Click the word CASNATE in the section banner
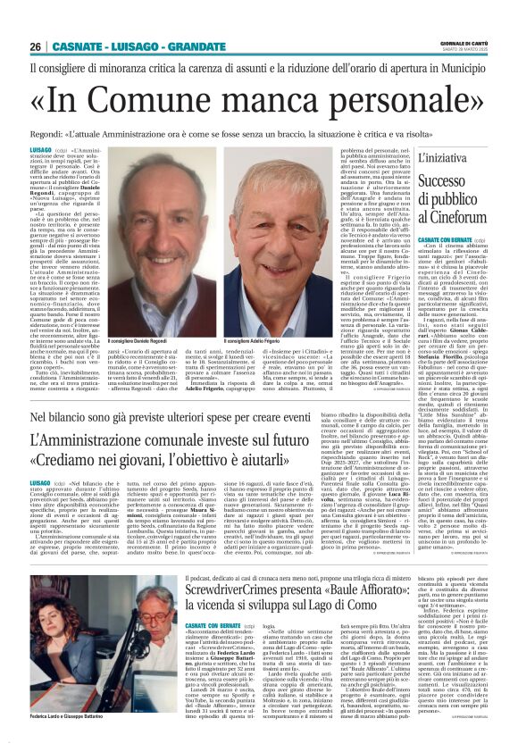click(74, 46)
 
